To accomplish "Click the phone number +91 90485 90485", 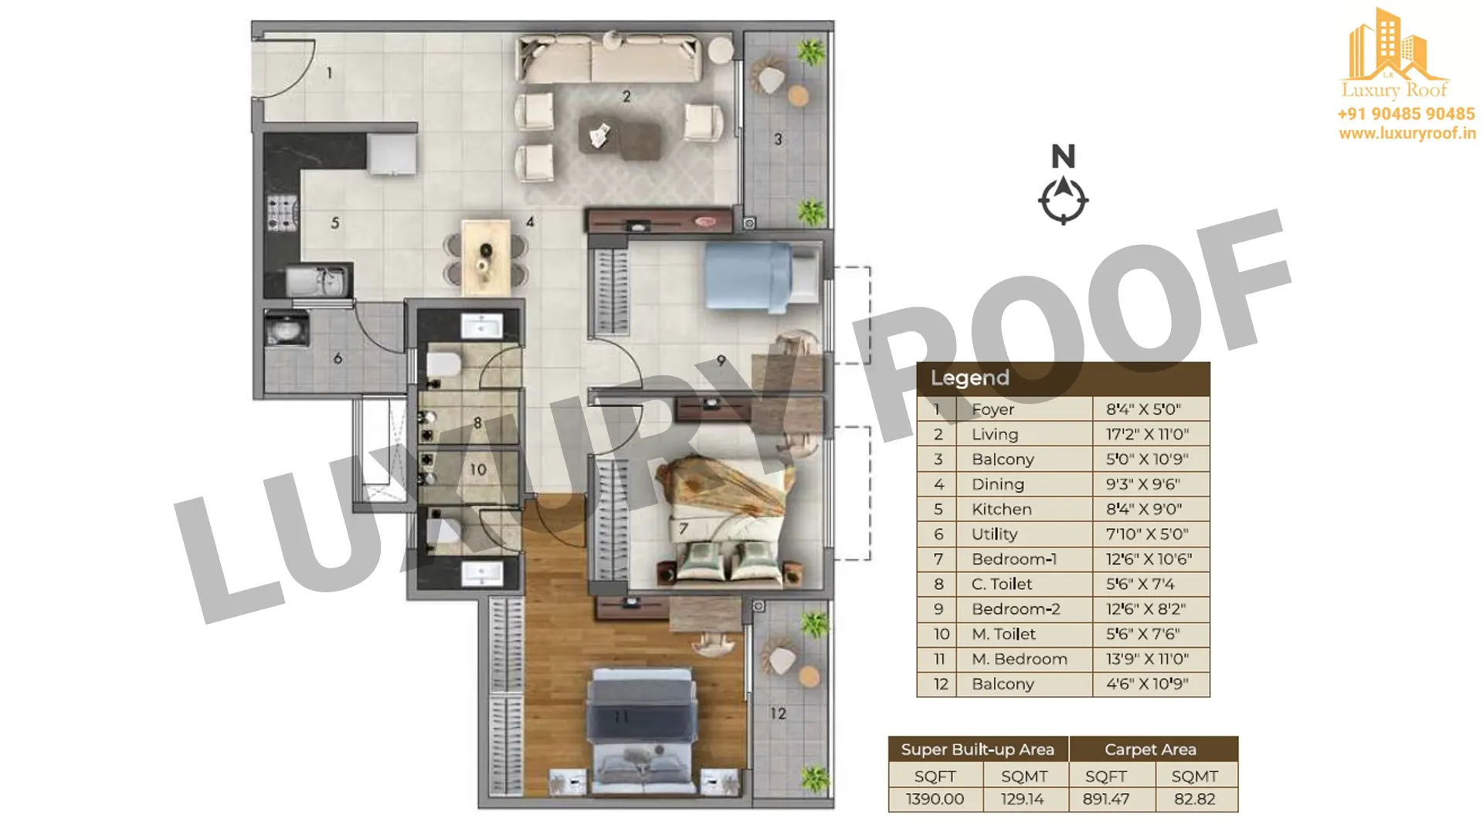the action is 1407,114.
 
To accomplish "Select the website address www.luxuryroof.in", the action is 1407,134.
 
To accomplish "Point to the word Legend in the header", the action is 969,378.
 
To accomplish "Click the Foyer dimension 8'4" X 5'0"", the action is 1143,409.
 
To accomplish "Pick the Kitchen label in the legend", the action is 1002,509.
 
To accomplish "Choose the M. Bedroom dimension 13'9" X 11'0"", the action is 1147,659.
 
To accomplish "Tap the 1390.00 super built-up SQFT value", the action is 935,799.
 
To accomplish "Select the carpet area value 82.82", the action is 1195,799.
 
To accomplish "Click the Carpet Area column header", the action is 1150,749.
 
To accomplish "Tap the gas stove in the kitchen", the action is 283,213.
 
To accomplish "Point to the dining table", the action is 486,258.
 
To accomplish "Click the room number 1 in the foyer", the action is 329,73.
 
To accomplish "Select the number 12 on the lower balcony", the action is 778,714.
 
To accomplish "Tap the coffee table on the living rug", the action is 619,137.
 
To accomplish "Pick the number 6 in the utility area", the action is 338,358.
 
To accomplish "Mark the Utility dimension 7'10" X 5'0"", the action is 1147,534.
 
